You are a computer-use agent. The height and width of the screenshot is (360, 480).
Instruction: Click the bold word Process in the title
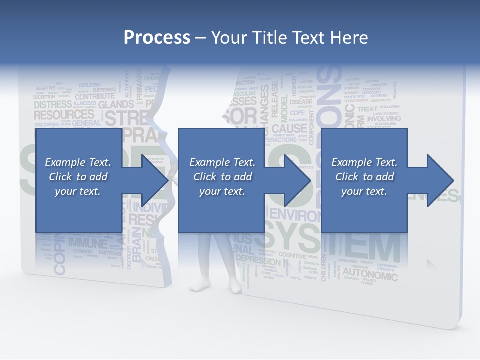point(157,37)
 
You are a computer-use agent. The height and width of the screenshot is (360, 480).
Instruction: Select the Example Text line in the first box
point(78,162)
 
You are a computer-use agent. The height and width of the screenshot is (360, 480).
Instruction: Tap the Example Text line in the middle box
point(222,162)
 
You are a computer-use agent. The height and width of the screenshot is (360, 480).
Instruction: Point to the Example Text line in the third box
point(364,162)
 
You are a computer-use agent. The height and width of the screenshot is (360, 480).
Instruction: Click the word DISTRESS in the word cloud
point(53,105)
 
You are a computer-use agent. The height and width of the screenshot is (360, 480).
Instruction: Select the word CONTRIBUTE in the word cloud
point(95,96)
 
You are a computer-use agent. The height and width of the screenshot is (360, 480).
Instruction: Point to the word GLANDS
point(116,105)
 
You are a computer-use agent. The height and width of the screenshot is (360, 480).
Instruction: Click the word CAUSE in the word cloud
point(286,129)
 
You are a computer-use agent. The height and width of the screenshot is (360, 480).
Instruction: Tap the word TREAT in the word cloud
point(368,109)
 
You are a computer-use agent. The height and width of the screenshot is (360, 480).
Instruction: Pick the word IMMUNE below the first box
point(87,243)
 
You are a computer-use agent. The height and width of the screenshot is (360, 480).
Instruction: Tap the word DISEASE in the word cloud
point(301,101)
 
